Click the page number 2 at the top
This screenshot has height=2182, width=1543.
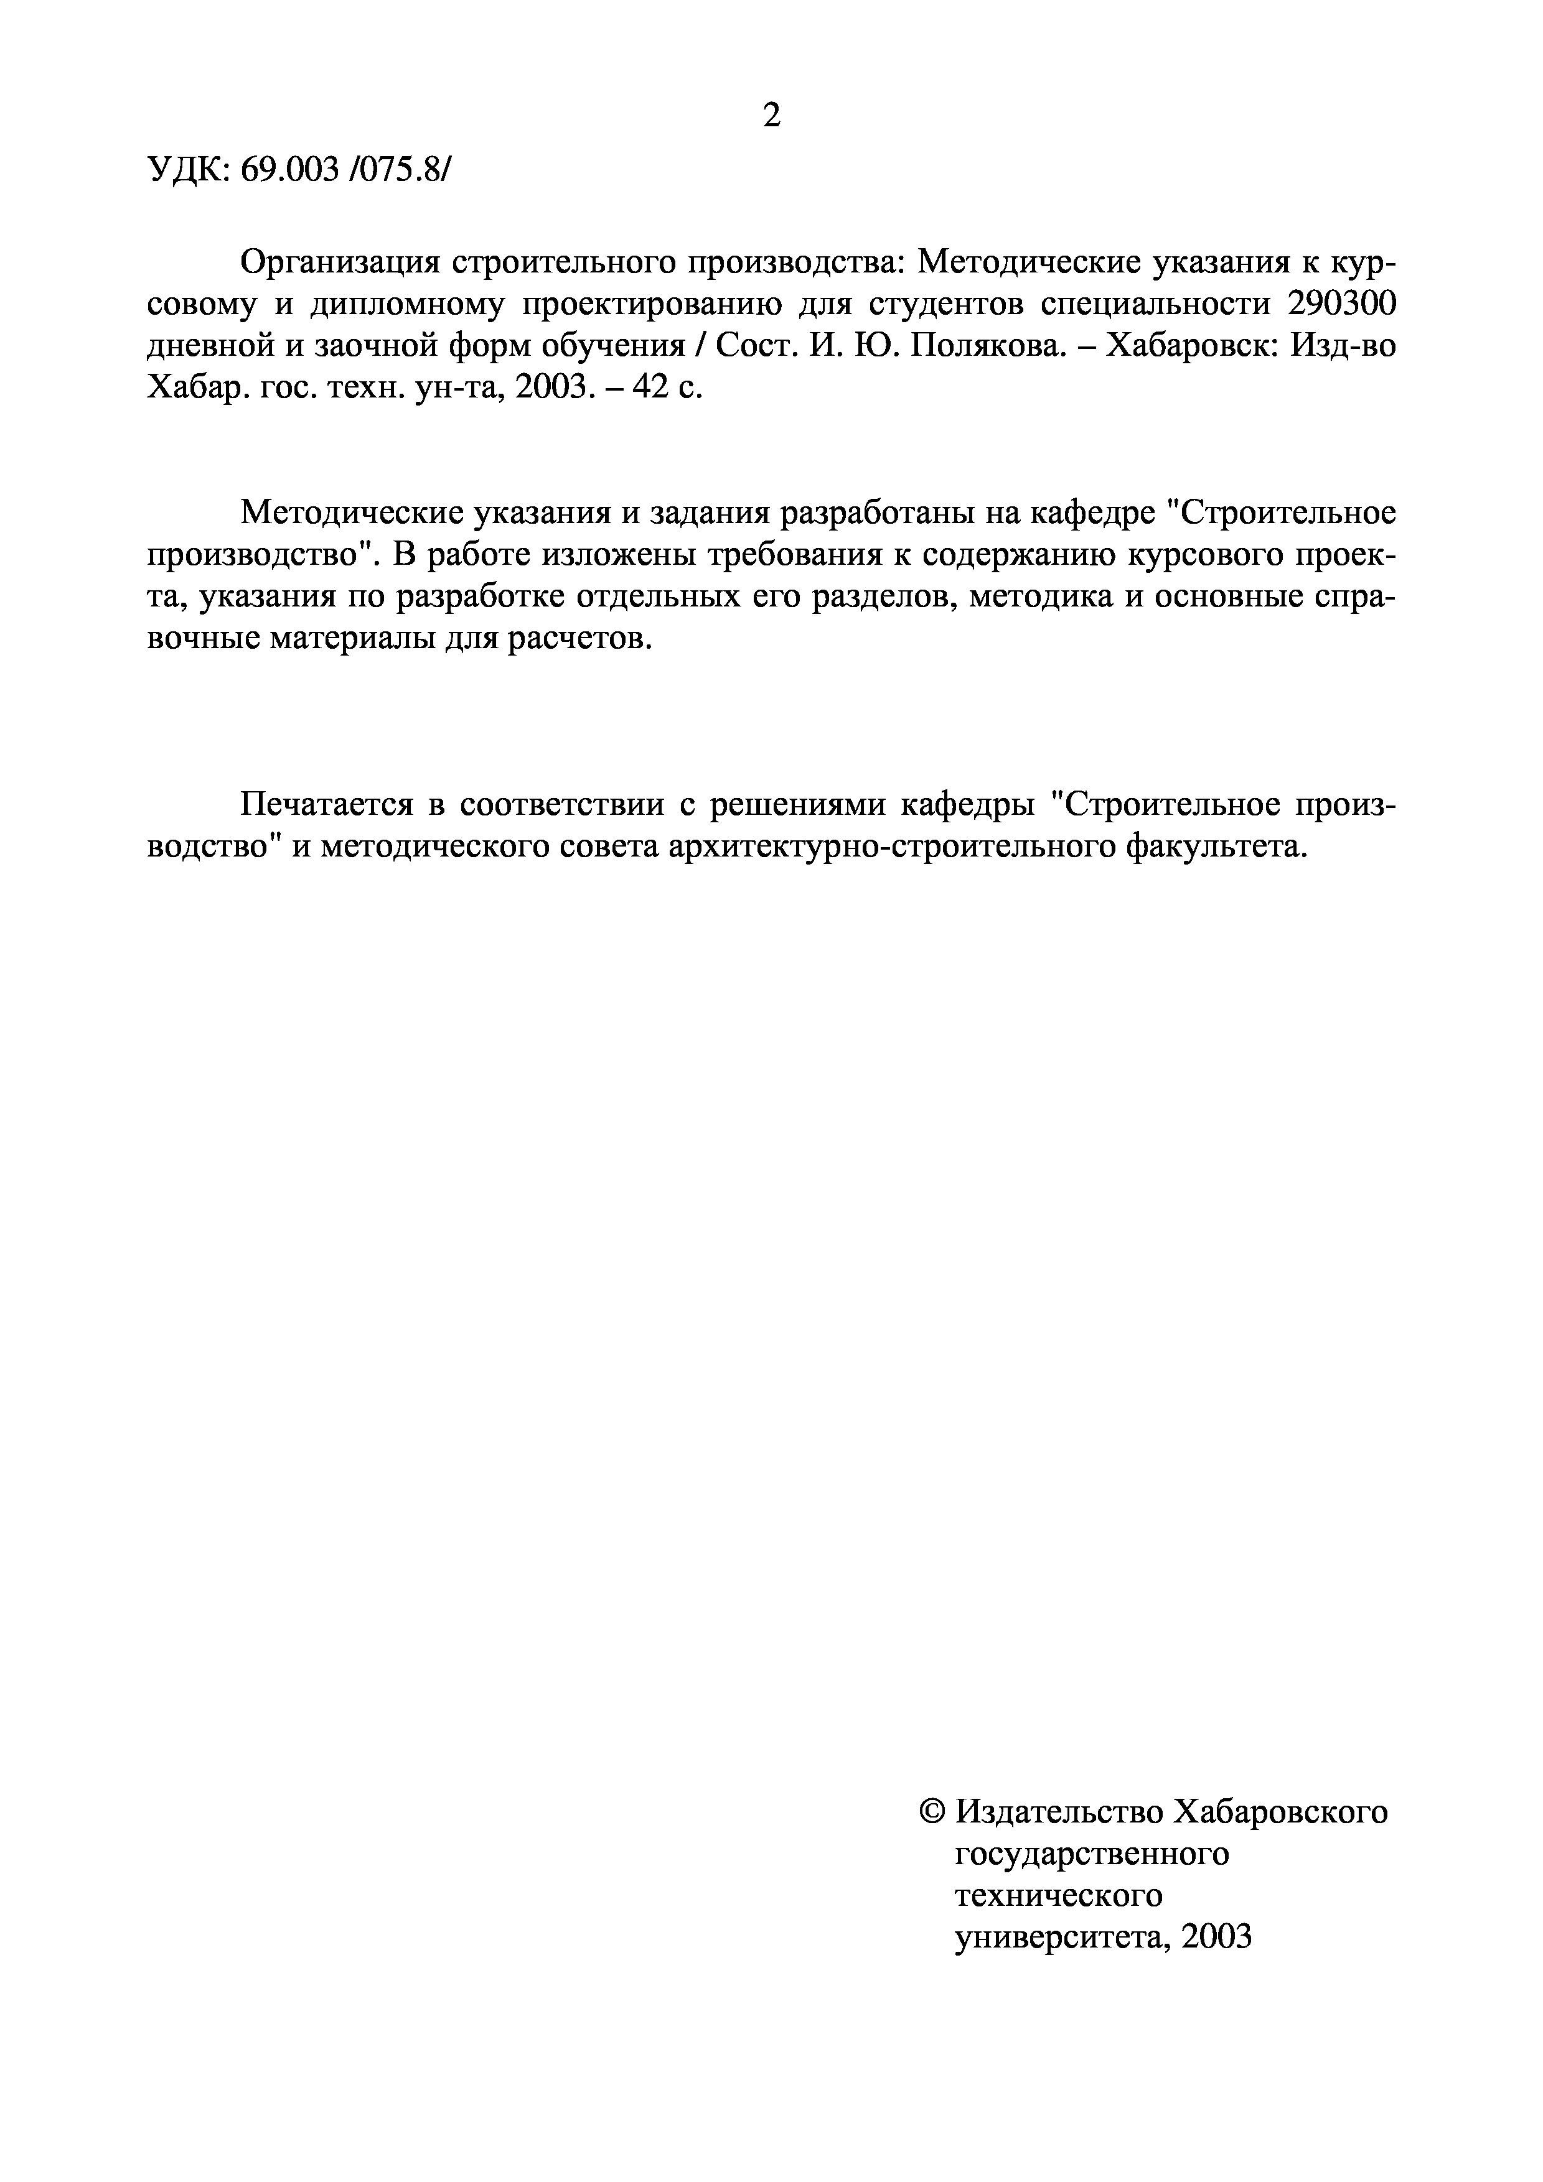pos(771,115)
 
